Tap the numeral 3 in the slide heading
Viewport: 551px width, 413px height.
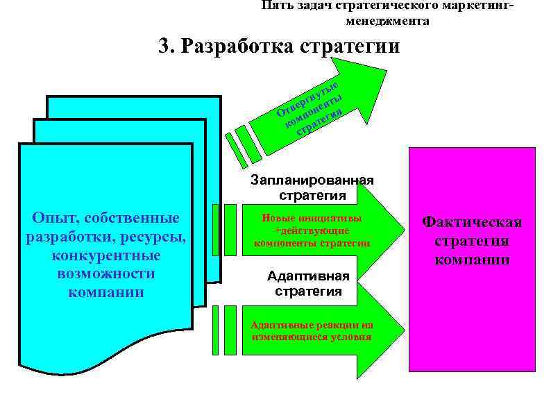164,47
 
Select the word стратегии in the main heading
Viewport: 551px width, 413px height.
351,47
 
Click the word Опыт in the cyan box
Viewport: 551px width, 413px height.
51,218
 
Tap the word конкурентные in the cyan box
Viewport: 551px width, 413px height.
106,255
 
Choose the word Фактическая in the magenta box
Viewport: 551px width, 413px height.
472,222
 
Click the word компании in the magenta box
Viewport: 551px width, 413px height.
472,260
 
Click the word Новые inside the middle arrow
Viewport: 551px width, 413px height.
278,217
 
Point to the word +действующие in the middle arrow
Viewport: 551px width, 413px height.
312,230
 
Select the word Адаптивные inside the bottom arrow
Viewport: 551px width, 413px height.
280,324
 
